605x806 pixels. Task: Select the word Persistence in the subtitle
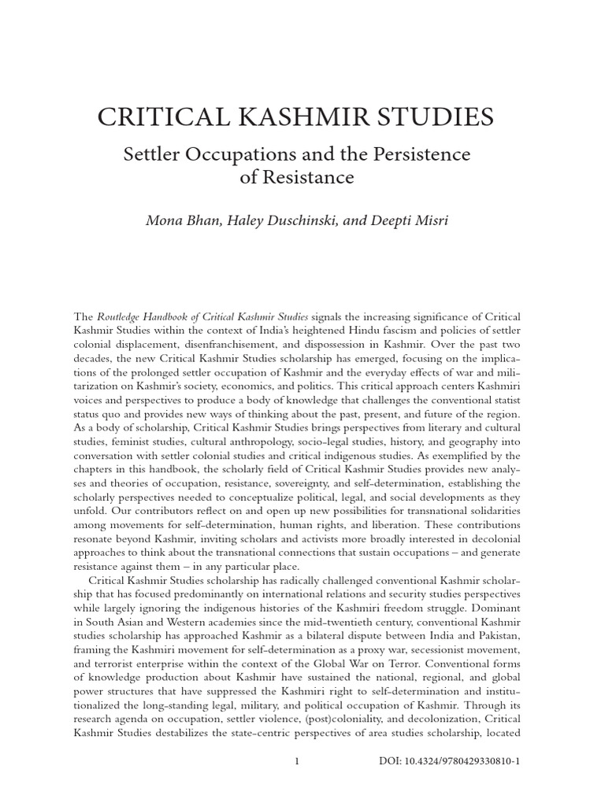pyautogui.click(x=419, y=154)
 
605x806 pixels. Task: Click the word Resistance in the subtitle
pyautogui.click(x=310, y=178)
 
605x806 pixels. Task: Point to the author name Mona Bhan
pyautogui.click(x=183, y=220)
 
